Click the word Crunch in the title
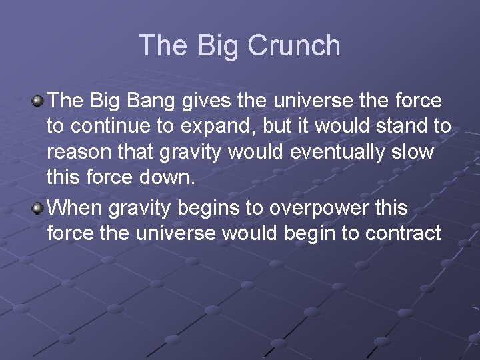click(294, 45)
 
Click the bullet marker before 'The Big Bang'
click(39, 101)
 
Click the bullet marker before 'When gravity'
click(39, 208)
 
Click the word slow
click(413, 153)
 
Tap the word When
click(75, 207)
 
